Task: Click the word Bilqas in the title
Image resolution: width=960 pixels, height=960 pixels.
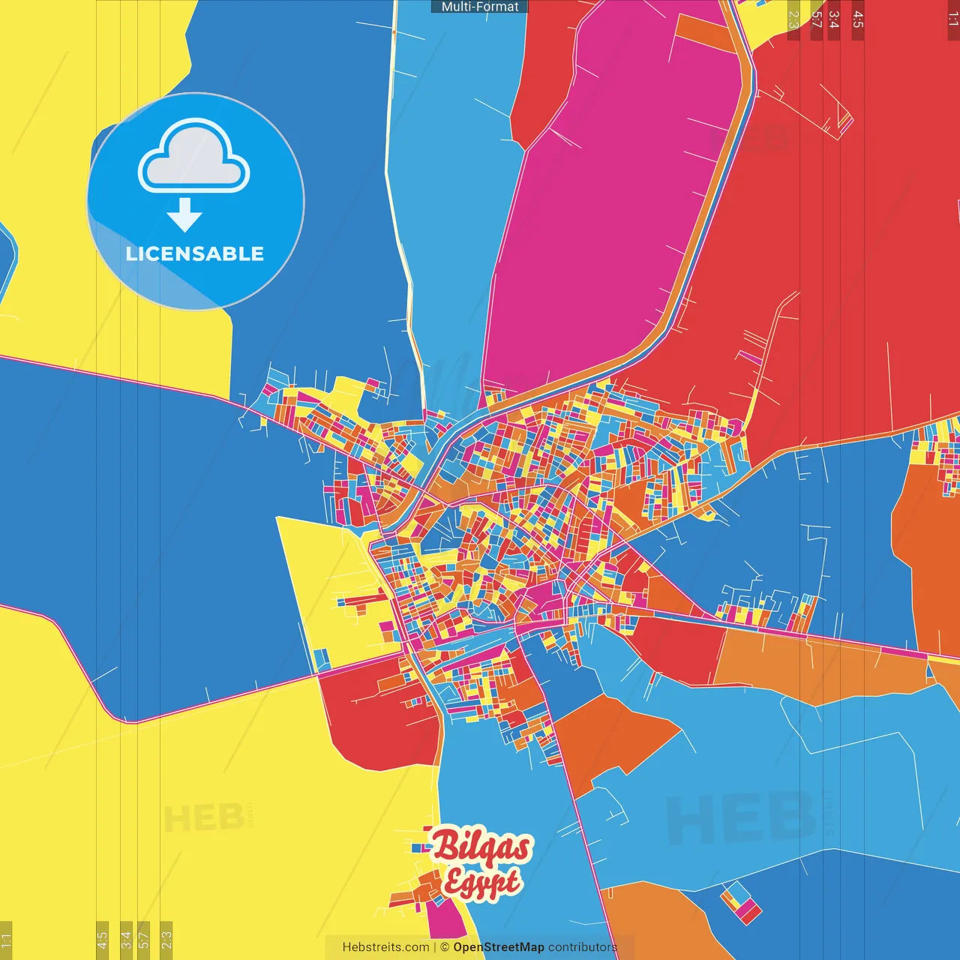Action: (x=482, y=847)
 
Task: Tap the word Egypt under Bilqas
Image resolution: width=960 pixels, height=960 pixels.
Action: (x=481, y=883)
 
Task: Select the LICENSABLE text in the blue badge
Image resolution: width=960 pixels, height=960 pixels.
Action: (x=195, y=253)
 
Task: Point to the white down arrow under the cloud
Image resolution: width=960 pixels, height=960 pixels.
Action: (x=184, y=214)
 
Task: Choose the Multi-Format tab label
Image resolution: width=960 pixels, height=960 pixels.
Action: (x=479, y=7)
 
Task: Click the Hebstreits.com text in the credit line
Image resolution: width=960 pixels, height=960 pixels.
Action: (x=385, y=947)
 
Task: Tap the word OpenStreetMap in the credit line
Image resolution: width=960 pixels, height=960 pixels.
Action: (x=499, y=947)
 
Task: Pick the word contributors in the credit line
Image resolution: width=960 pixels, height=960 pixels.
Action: (x=583, y=947)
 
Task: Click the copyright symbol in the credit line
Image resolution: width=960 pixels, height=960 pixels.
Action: (x=445, y=947)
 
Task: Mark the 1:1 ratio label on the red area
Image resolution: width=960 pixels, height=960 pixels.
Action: (x=952, y=19)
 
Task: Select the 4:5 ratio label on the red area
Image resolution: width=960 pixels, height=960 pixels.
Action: (x=858, y=19)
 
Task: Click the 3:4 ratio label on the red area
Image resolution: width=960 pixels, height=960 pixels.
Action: (x=834, y=19)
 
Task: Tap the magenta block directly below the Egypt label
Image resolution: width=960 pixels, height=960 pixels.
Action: (x=445, y=919)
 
